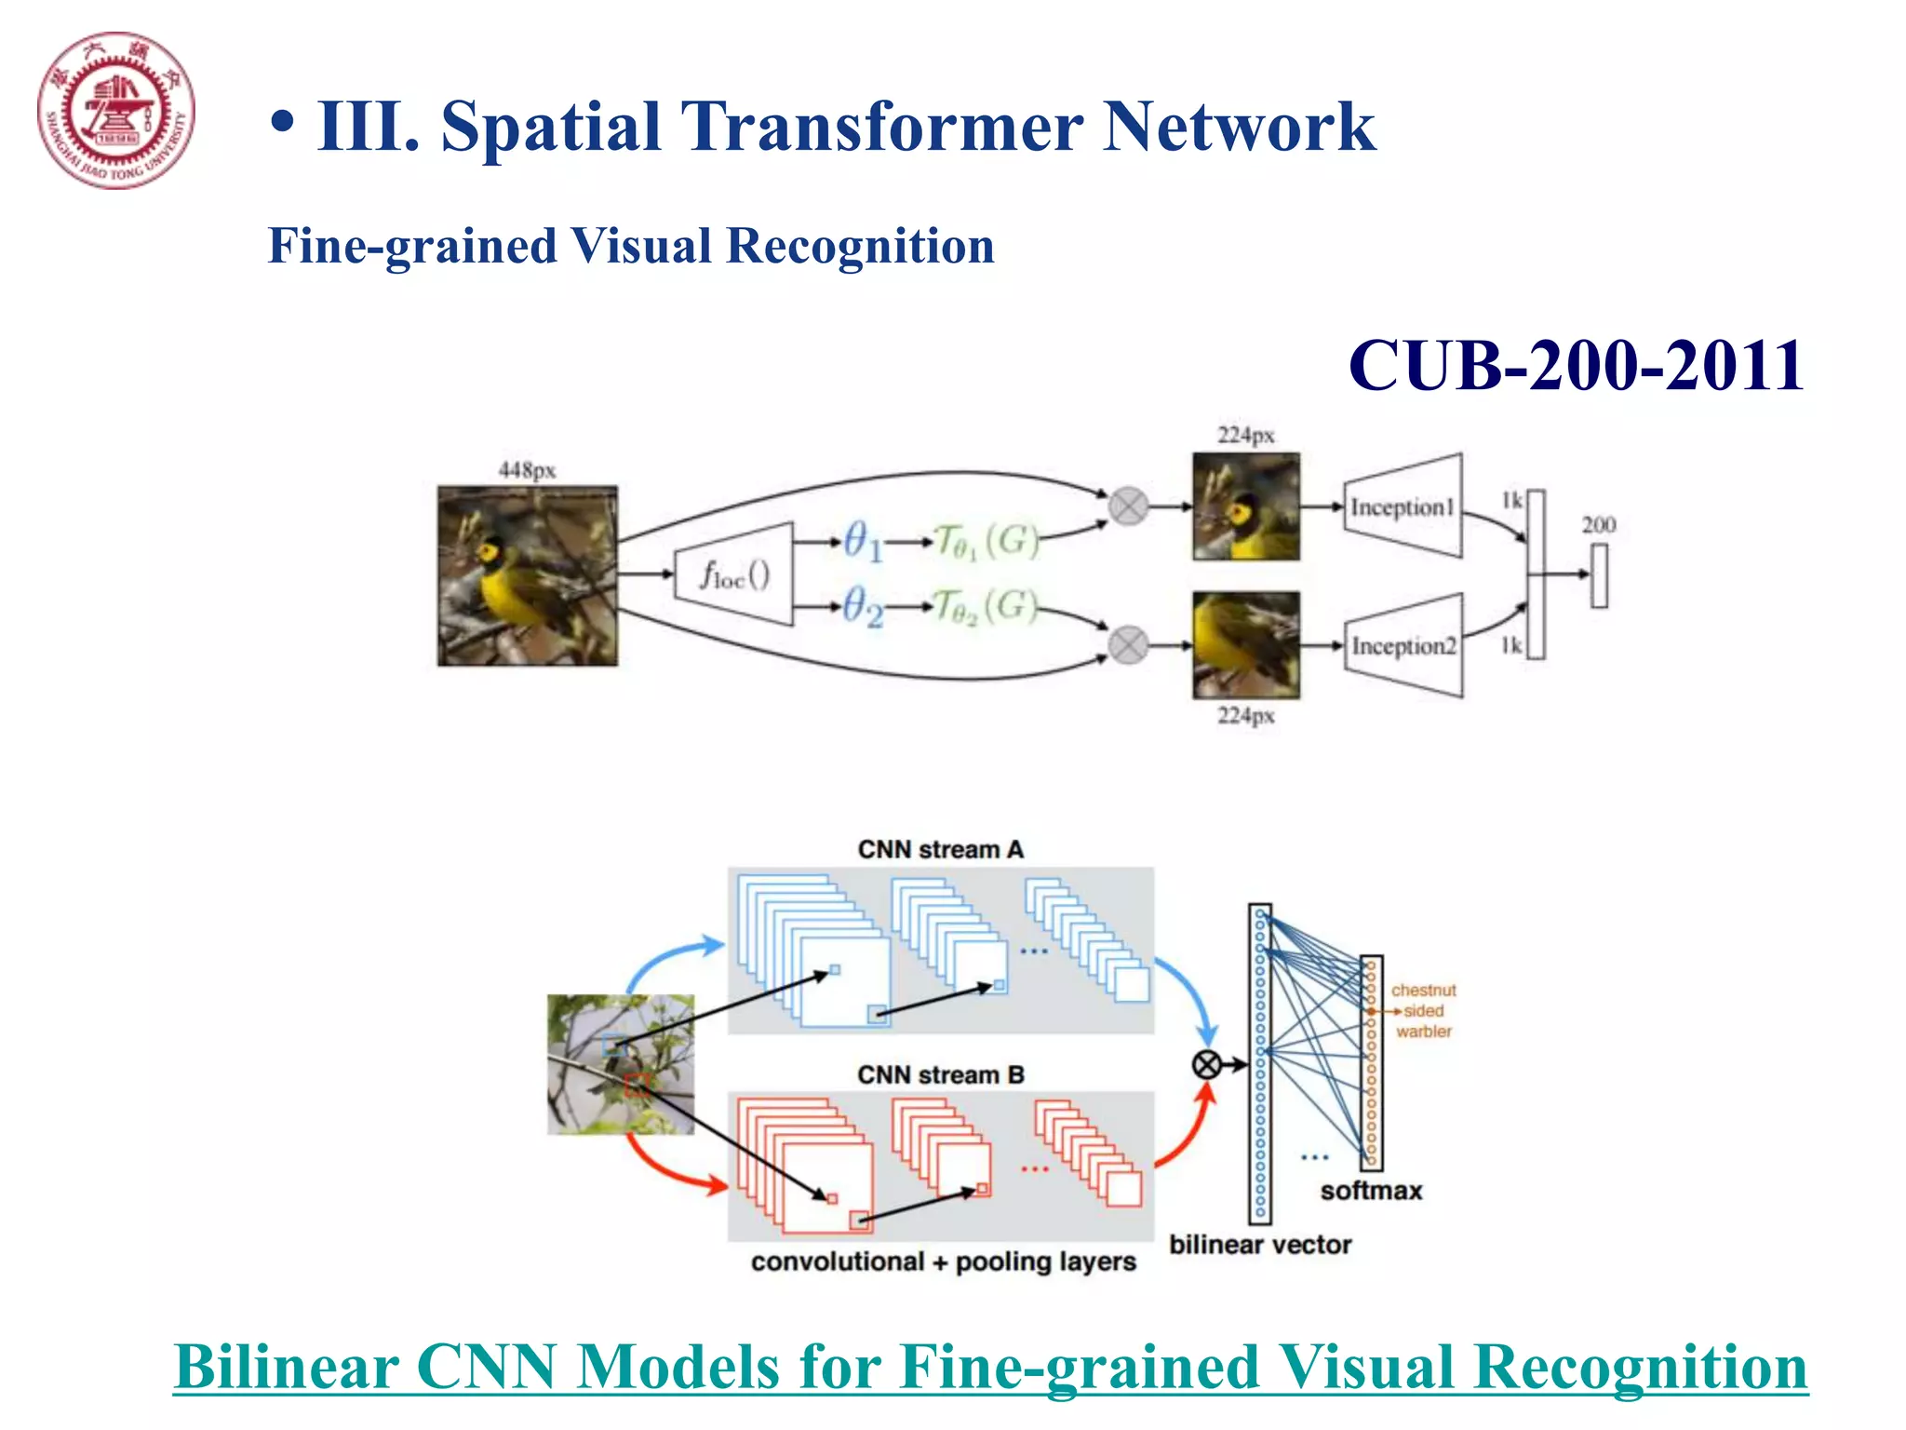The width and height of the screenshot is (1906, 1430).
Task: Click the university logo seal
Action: click(116, 111)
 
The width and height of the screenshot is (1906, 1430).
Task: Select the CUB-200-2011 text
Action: click(1576, 365)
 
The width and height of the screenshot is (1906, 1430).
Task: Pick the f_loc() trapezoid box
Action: click(734, 574)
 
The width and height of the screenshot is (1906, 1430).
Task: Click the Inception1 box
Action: click(1402, 507)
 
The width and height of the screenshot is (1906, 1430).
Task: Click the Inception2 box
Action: click(1403, 645)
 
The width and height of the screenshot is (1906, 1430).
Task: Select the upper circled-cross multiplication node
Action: click(1128, 506)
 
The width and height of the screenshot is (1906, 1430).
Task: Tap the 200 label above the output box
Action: click(1599, 525)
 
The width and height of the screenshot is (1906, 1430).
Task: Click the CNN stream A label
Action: click(940, 850)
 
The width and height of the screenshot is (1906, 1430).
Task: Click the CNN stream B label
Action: click(940, 1074)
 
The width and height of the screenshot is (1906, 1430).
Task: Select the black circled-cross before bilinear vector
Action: click(1207, 1064)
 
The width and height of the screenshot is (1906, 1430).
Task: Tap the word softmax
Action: click(1371, 1191)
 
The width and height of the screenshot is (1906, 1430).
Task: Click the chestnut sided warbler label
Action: click(1423, 1011)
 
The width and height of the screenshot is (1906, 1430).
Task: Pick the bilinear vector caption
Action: click(1260, 1245)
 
